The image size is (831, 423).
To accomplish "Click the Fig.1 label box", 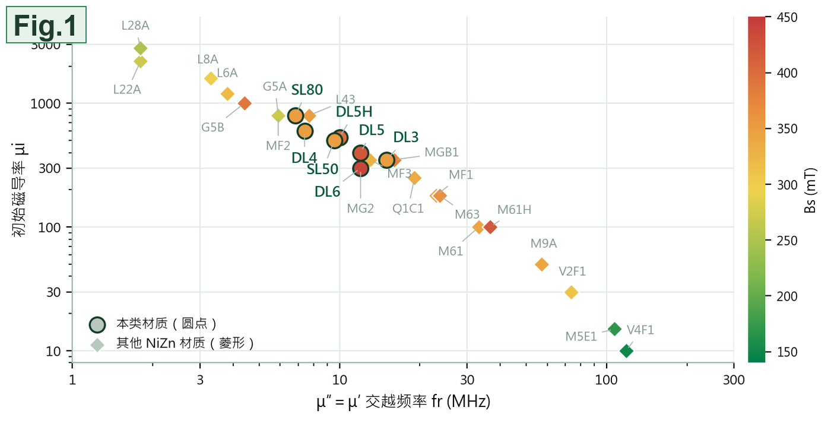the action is [46, 25].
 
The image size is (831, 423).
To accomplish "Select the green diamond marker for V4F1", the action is [626, 351].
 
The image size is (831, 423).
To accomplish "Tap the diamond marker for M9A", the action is [541, 264].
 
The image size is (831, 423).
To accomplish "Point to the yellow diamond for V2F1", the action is [571, 292].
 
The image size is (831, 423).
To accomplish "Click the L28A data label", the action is [135, 26].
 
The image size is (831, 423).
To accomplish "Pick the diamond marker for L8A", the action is [211, 78].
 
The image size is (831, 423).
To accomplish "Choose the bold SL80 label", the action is [307, 90].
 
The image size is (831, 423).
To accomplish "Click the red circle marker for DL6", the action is [360, 168].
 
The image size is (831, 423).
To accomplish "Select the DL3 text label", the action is [405, 137].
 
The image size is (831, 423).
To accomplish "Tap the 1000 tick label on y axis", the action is [45, 103].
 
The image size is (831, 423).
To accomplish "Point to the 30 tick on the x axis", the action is [467, 380].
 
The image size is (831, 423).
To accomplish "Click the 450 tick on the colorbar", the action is [787, 17].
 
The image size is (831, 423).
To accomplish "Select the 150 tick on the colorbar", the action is [787, 352].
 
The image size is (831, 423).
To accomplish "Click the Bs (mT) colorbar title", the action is [810, 190].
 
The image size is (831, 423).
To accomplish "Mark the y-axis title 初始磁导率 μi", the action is [18, 190].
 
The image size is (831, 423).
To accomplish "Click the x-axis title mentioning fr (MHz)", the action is [403, 402].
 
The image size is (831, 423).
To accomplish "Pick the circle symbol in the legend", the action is [97, 324].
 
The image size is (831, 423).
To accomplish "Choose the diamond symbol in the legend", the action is [97, 345].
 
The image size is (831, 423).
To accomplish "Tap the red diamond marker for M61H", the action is [490, 227].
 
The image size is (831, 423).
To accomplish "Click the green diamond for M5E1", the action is [614, 329].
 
